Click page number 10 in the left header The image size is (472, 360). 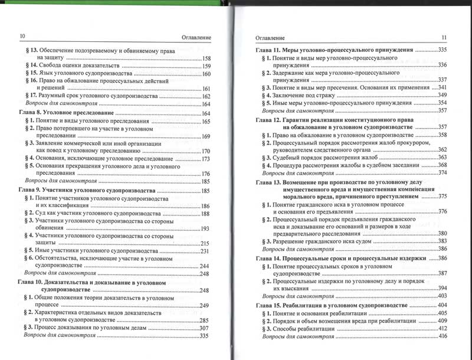(x=22, y=37)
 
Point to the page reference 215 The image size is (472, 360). (x=206, y=243)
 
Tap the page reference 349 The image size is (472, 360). (x=442, y=95)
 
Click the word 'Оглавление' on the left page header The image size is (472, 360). (x=194, y=37)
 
